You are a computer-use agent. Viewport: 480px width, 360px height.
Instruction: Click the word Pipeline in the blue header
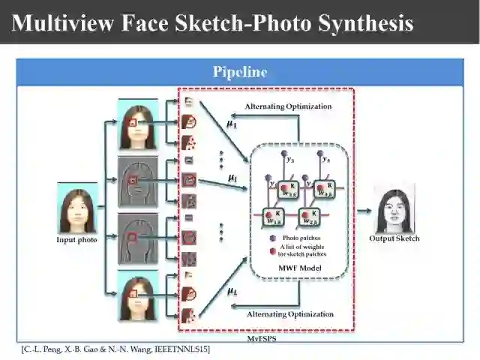pos(240,73)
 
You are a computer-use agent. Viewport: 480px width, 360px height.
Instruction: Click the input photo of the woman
pos(78,210)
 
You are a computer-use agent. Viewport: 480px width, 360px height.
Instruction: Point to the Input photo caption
pos(77,240)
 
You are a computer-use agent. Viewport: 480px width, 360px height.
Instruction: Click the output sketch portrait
pos(394,210)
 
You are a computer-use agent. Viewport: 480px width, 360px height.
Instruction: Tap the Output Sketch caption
pos(394,238)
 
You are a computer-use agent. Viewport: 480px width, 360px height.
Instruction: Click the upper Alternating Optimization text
pos(288,106)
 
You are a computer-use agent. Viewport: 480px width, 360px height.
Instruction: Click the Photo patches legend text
pos(301,238)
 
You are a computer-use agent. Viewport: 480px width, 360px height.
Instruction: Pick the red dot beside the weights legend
pos(272,250)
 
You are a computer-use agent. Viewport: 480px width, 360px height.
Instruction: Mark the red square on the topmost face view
pos(133,121)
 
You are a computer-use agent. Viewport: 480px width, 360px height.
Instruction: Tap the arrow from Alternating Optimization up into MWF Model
pos(299,292)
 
